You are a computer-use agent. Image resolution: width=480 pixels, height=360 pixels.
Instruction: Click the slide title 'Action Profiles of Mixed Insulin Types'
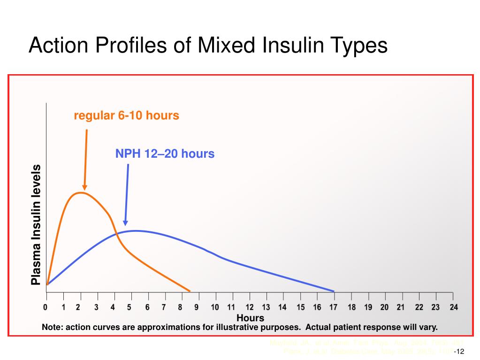(208, 46)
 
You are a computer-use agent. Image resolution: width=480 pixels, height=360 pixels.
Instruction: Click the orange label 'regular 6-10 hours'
(126, 115)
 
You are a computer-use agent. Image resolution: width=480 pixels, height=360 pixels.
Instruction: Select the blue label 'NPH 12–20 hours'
(165, 153)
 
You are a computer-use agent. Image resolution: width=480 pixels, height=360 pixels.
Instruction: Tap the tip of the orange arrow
(84, 189)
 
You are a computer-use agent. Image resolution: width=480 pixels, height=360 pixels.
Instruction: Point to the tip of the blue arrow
(125, 225)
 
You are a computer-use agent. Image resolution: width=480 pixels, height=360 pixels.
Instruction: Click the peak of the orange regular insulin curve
(82, 192)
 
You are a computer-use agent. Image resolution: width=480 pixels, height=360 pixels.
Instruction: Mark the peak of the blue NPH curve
(135, 230)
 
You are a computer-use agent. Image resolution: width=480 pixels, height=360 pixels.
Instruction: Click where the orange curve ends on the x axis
(190, 291)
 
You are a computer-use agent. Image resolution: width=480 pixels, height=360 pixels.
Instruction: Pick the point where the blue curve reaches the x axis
(334, 291)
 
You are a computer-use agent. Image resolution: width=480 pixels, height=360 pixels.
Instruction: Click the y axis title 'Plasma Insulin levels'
(36, 225)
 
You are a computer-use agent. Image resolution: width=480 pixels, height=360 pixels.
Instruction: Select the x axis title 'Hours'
(250, 318)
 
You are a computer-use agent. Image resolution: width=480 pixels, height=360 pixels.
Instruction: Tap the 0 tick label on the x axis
(46, 307)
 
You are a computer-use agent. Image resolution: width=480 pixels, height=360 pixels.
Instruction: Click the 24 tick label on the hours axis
(453, 307)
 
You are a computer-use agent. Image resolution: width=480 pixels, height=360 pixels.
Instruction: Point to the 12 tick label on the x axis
(250, 307)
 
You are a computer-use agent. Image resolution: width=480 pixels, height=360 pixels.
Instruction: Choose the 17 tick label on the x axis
(334, 307)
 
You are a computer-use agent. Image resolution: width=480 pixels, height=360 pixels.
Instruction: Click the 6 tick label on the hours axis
(147, 307)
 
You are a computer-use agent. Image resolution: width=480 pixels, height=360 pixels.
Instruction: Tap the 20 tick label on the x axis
(384, 307)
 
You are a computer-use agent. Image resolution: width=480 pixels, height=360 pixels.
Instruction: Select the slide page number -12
(459, 352)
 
